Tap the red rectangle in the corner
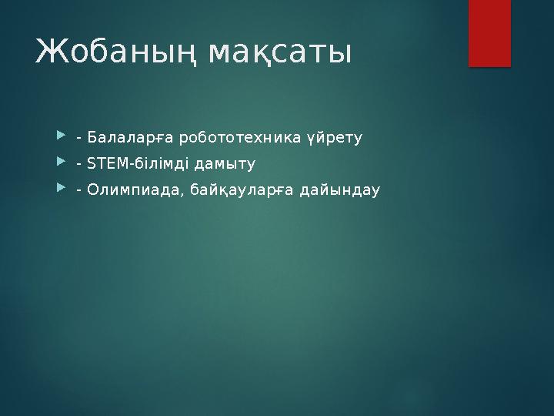[x=489, y=34]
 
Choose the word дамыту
[x=228, y=164]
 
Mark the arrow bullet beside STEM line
[x=61, y=164]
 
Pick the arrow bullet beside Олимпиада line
[x=61, y=190]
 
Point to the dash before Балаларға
[x=79, y=139]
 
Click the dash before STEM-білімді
[x=79, y=165]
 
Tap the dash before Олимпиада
[x=79, y=190]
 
